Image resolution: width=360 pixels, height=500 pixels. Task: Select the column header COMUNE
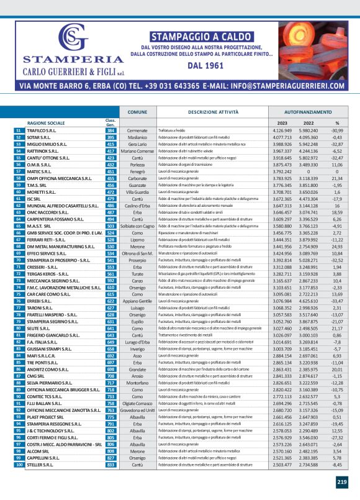tap(138, 111)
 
